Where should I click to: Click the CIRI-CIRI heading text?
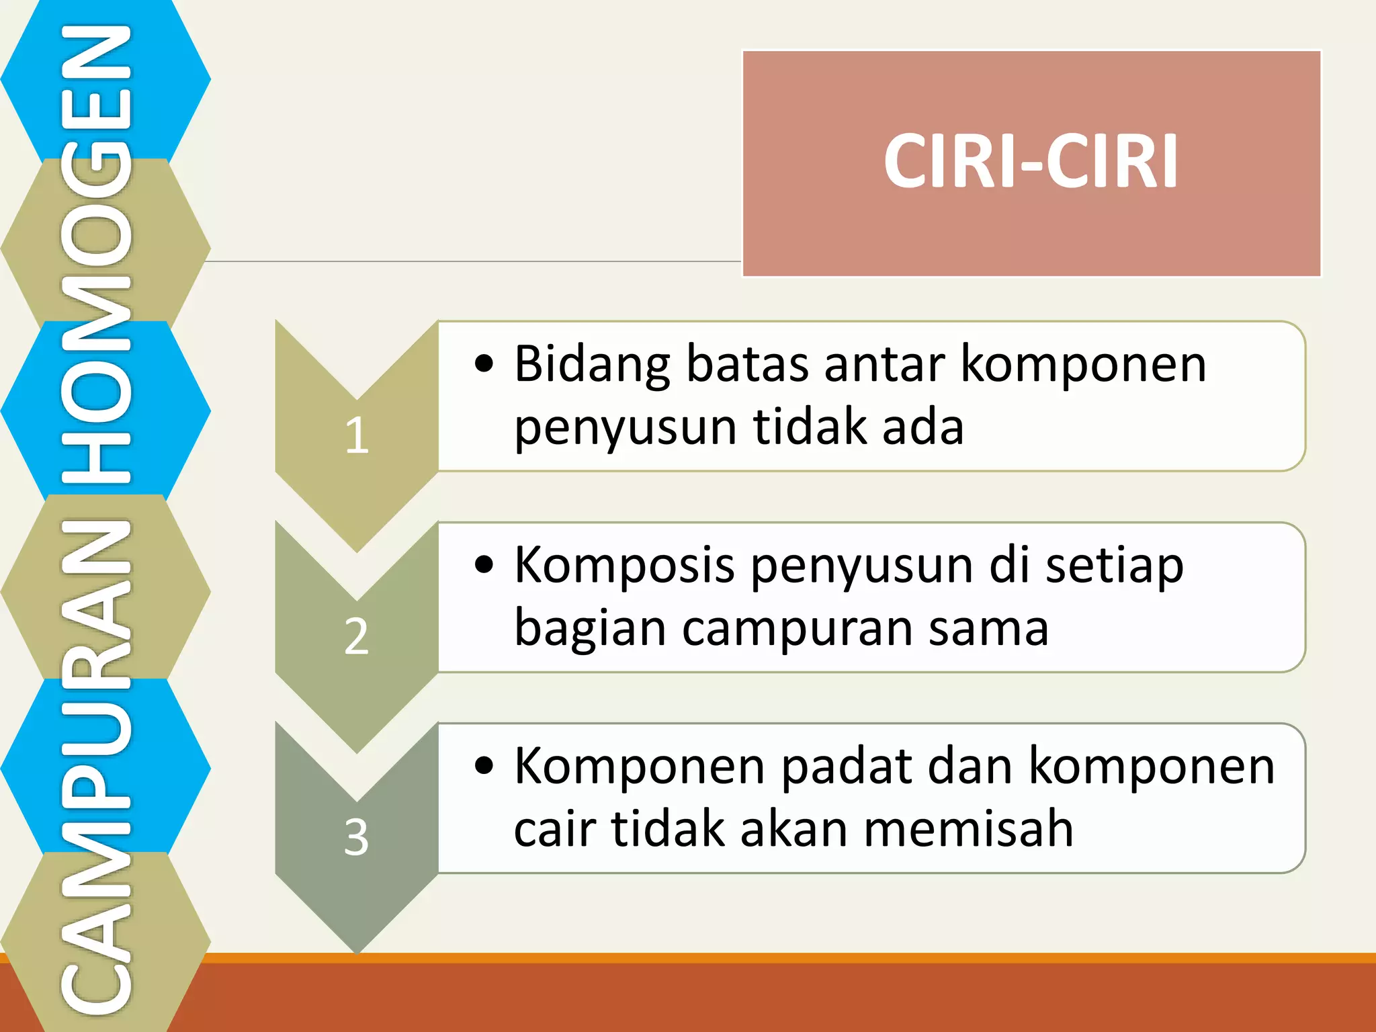(1031, 161)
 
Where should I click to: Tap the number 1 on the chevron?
(357, 435)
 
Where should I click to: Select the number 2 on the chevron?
(357, 636)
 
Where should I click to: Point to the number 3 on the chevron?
(357, 837)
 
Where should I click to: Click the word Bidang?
(592, 365)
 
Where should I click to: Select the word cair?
(554, 829)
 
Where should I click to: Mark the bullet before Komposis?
(484, 564)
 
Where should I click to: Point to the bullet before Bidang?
(484, 364)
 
